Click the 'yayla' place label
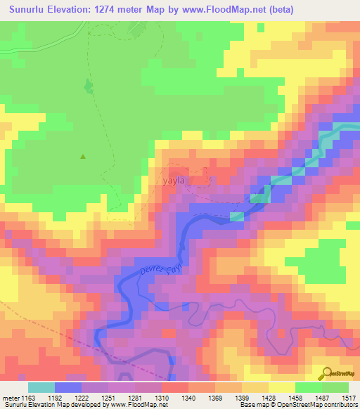tap(173, 181)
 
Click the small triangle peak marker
tap(83, 157)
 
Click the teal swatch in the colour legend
tap(41, 387)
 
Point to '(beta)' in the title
tap(279, 9)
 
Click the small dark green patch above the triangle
tap(89, 86)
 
